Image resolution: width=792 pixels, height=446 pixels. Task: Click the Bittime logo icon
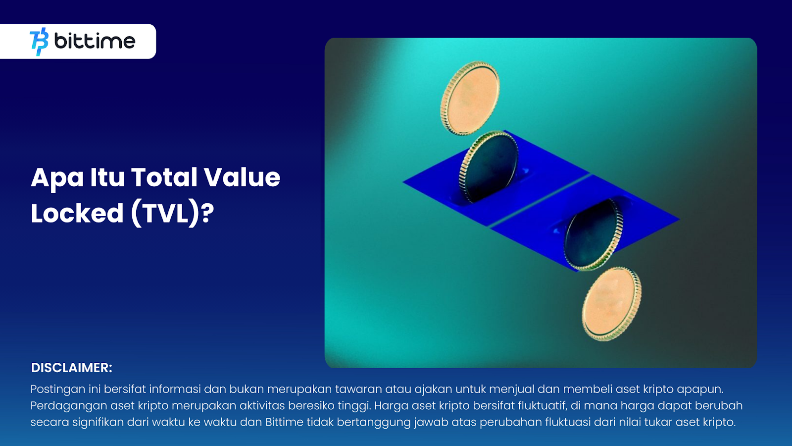coord(39,42)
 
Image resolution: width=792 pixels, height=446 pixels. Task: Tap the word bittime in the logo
coord(95,41)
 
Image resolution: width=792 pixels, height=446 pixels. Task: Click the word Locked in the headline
coord(77,213)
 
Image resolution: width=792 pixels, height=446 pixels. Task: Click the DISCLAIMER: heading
coord(71,368)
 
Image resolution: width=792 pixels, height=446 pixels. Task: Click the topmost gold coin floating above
coord(470,98)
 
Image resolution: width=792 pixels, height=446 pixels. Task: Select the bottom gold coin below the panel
coord(611,304)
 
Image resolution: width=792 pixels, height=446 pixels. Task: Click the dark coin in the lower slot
coord(594,235)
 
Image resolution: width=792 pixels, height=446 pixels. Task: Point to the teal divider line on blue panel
coord(540,201)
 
